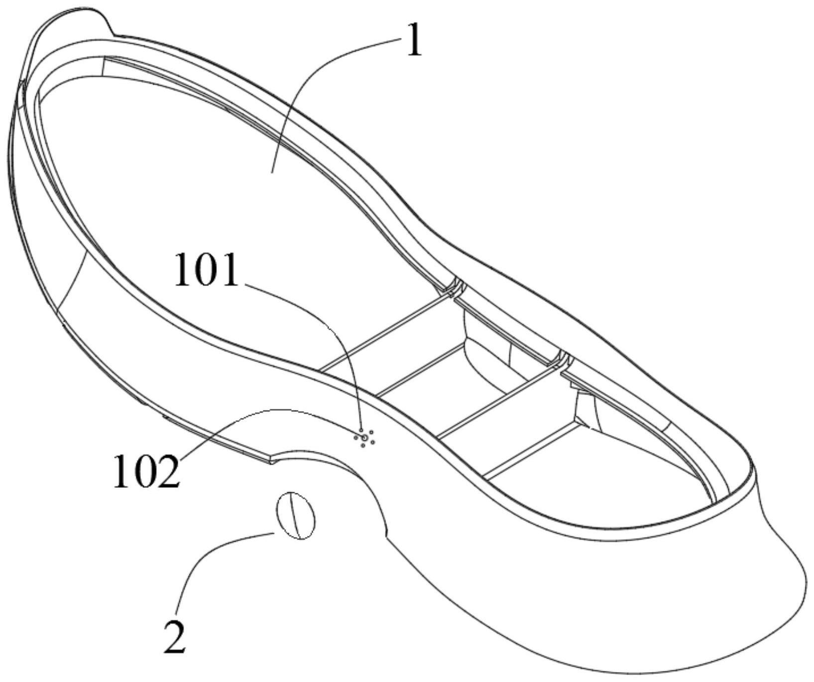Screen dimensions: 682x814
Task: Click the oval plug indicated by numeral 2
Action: coord(296,516)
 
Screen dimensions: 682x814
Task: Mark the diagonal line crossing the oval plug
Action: coord(295,516)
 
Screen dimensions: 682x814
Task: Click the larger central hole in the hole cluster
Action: coord(365,437)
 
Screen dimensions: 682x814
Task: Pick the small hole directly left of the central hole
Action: coord(355,438)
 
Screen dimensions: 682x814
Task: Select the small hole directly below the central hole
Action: coord(363,445)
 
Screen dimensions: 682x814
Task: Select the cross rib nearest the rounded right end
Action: coord(533,446)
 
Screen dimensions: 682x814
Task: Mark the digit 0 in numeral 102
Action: coord(146,471)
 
